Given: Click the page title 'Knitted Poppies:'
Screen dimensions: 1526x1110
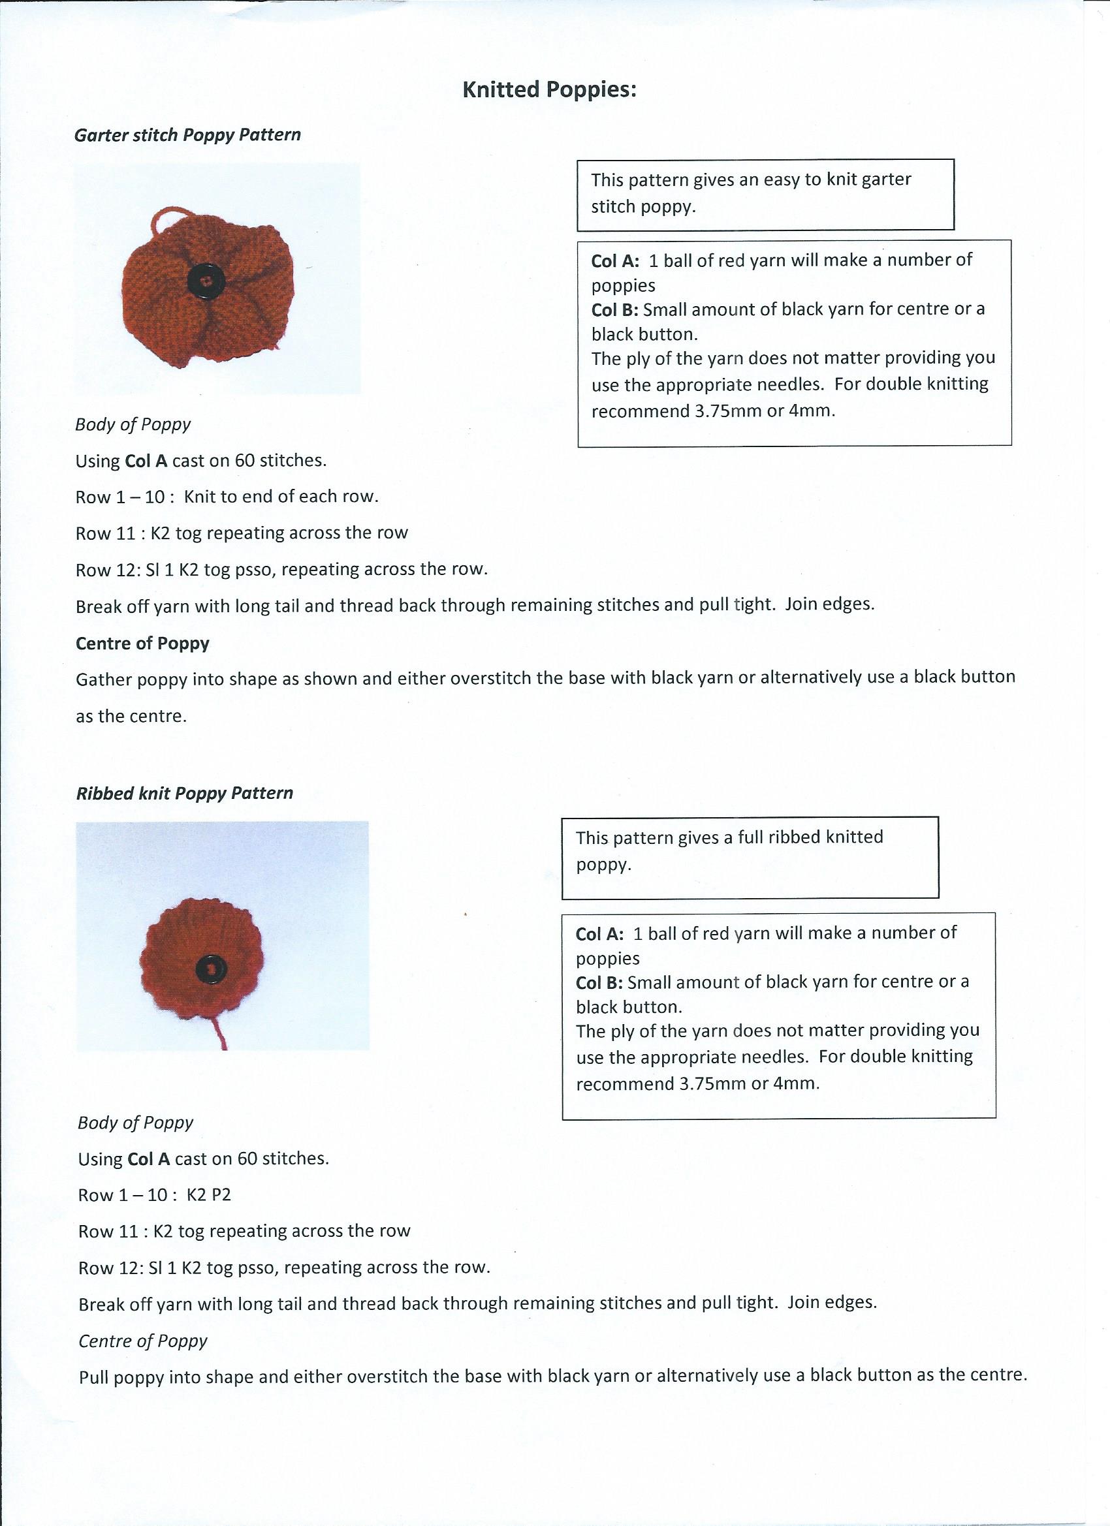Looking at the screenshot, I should pos(549,89).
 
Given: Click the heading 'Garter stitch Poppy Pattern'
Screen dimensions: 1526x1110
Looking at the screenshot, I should pos(187,134).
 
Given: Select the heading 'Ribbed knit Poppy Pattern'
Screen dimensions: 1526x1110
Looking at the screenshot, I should pos(184,792).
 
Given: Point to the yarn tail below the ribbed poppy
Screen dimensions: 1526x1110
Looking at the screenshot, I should pos(219,1031).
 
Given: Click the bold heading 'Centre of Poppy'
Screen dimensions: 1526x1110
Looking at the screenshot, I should pos(142,644).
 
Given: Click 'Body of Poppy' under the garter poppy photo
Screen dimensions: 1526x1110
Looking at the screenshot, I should pos(133,424).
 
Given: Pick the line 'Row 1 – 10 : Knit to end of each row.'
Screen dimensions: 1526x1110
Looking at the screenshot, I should pos(227,497).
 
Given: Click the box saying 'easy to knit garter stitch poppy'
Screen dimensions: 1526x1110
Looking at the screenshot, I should pos(765,194).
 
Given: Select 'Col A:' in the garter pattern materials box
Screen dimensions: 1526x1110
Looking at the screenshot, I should pos(615,260).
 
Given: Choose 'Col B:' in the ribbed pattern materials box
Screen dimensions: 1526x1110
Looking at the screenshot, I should pos(599,982).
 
